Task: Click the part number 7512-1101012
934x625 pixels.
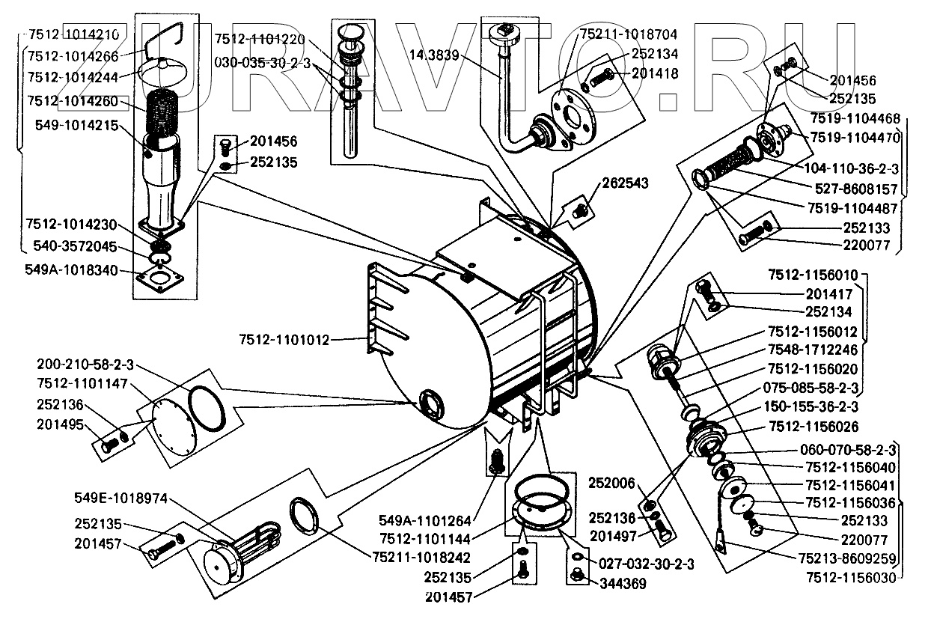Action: click(x=284, y=340)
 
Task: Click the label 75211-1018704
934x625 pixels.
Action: click(x=629, y=34)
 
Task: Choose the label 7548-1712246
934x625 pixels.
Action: click(x=813, y=350)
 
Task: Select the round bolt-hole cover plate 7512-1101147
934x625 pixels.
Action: click(x=173, y=424)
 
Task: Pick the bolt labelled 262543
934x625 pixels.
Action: click(x=578, y=213)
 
